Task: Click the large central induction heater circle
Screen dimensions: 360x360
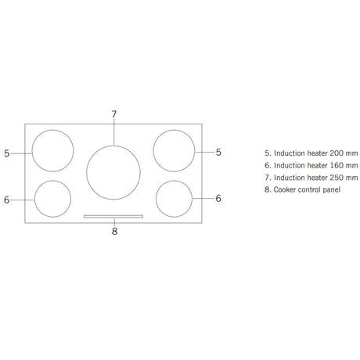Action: pyautogui.click(x=113, y=146)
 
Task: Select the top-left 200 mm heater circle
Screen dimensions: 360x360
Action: pyautogui.click(x=52, y=130)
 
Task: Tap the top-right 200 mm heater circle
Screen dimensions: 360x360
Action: pyautogui.click(x=174, y=130)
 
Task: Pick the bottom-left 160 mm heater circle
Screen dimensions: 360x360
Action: pyautogui.click(x=52, y=181)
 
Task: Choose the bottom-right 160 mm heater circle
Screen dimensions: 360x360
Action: pyautogui.click(x=174, y=181)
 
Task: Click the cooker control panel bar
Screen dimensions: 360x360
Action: pyautogui.click(x=113, y=216)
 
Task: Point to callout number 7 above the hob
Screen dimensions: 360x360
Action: pyautogui.click(x=114, y=114)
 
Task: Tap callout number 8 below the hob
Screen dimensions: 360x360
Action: pyautogui.click(x=114, y=231)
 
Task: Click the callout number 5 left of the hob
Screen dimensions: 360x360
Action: pyautogui.click(x=7, y=153)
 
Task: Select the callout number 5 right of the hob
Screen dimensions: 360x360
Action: pyautogui.click(x=218, y=152)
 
